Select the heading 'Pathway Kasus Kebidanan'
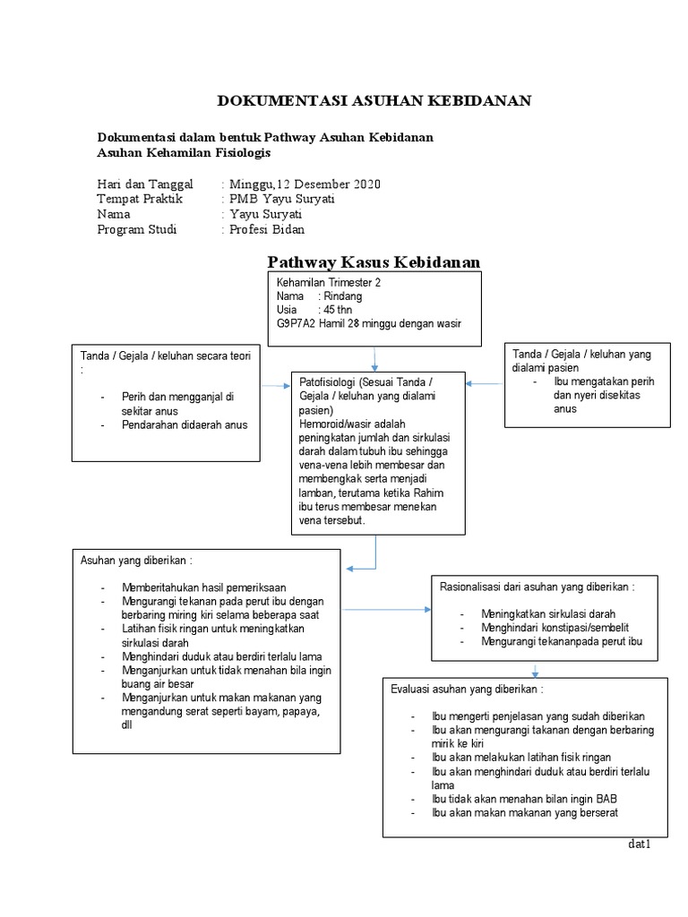(x=374, y=261)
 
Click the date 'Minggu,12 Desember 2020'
(x=304, y=184)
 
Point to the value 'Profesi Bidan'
(x=267, y=229)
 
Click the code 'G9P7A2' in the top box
(x=297, y=323)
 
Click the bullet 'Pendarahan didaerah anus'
(x=185, y=424)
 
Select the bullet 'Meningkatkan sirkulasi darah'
(x=548, y=614)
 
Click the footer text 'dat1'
(x=639, y=845)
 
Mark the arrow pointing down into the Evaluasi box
(x=535, y=670)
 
